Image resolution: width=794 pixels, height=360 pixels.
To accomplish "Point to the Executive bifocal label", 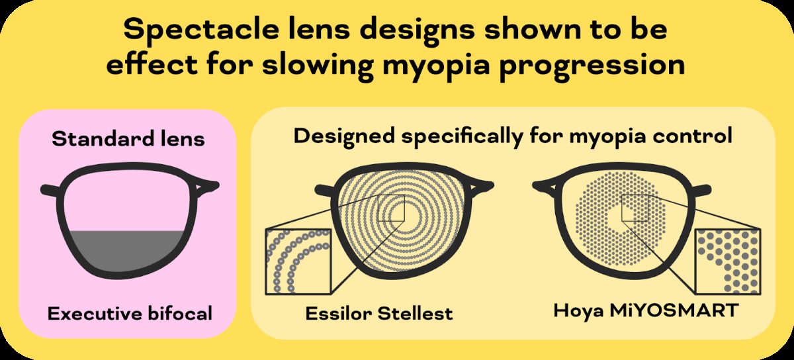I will [x=130, y=313].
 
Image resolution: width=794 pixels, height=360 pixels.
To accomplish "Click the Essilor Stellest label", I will [x=379, y=313].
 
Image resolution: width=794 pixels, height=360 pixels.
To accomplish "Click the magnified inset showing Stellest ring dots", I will [x=297, y=261].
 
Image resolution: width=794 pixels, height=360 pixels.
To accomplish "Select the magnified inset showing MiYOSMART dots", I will [x=727, y=261].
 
